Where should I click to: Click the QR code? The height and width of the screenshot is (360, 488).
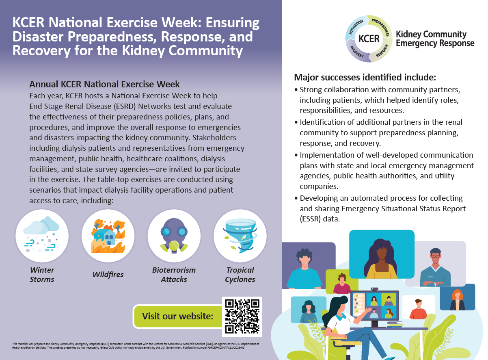(242, 317)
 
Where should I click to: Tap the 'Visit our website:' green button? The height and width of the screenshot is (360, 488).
(178, 317)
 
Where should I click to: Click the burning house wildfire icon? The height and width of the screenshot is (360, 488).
(108, 236)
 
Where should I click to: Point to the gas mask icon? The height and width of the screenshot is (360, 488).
(174, 236)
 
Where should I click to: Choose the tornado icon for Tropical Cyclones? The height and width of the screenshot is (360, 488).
(240, 236)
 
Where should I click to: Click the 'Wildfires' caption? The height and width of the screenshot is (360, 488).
(108, 275)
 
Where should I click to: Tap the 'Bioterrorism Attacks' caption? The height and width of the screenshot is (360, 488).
(174, 275)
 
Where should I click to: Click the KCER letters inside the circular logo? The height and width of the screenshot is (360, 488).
(369, 39)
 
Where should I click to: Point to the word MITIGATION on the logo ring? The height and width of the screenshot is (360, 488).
(356, 27)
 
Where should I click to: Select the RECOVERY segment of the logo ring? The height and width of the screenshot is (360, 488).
(357, 52)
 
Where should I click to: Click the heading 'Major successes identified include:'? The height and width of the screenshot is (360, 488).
(365, 78)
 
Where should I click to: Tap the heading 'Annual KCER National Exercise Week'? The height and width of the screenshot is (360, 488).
(104, 84)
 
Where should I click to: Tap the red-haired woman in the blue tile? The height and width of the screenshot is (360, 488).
(457, 299)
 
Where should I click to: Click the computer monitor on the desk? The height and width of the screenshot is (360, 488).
(375, 306)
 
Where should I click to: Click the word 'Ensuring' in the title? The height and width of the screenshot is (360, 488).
(233, 23)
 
